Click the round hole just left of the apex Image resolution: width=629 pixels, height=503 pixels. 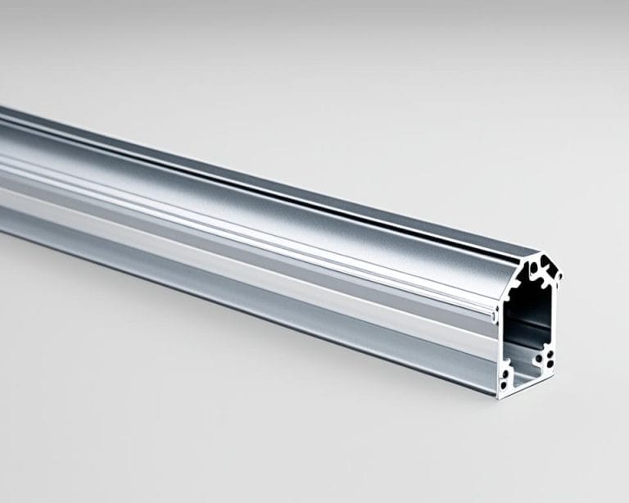pyautogui.click(x=533, y=267)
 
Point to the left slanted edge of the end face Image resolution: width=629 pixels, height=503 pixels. pyautogui.click(x=518, y=270)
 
